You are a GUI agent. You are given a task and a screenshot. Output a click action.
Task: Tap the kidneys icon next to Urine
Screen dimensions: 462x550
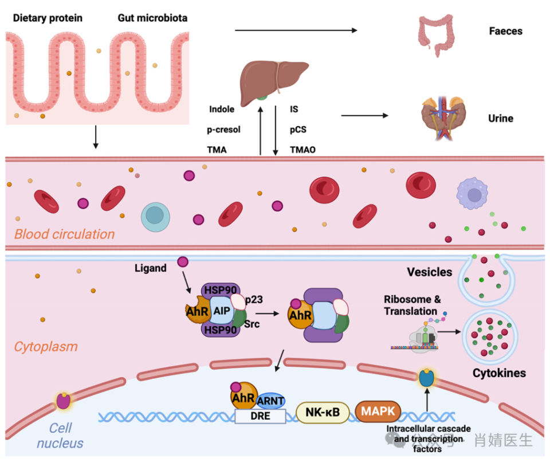443,118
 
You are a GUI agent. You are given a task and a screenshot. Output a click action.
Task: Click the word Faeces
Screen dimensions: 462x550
505,32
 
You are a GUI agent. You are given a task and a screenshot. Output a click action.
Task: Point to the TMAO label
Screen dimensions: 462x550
303,150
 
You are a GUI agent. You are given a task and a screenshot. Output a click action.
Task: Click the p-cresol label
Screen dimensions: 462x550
223,130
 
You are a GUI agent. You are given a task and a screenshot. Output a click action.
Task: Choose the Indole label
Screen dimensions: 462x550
222,109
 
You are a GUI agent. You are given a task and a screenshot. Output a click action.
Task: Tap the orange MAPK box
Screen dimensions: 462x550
378,410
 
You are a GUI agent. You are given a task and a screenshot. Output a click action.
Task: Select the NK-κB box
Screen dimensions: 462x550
323,412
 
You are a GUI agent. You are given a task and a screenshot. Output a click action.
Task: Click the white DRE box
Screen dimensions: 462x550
260,416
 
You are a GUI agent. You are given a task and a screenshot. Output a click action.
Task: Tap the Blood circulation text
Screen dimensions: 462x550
64,234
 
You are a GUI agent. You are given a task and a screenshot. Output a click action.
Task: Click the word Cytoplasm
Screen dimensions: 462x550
46,346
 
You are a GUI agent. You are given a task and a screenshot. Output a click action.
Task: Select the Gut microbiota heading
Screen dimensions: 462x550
152,18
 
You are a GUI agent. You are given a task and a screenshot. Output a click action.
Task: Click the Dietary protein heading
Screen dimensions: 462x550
48,18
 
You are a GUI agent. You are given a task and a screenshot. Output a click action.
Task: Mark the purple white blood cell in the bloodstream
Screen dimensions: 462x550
474,195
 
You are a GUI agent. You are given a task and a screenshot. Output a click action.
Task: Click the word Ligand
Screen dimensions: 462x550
151,268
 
